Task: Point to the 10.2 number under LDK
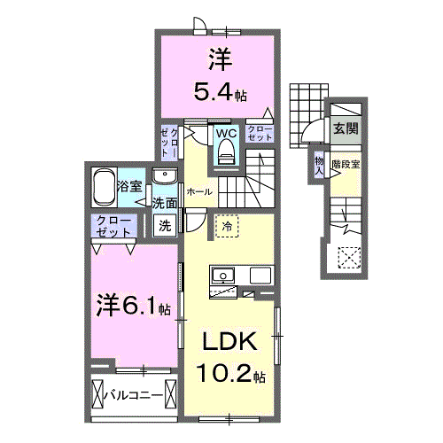227,375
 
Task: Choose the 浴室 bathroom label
129,185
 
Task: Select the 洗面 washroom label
165,203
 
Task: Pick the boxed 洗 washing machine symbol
165,225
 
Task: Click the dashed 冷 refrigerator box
226,225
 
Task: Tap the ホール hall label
198,190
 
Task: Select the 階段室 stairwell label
346,165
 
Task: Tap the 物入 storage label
320,165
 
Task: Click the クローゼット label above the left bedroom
113,225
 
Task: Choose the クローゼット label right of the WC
260,133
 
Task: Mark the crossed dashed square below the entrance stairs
349,258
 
